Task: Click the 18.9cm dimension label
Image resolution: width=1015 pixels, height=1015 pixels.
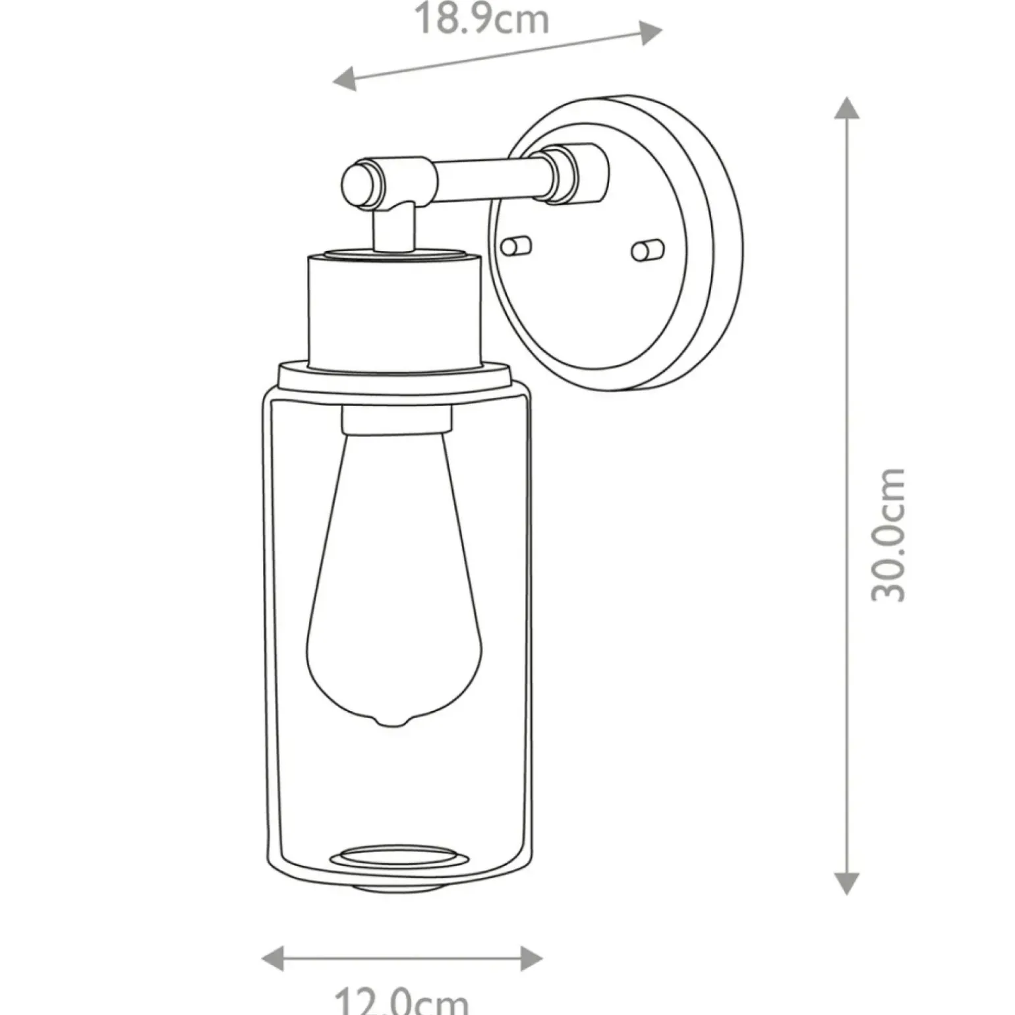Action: tap(482, 19)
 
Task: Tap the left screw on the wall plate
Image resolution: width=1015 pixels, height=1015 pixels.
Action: tap(515, 246)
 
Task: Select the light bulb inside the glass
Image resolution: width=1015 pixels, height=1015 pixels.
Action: tap(394, 580)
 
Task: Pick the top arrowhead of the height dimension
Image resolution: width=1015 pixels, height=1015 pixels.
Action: tap(846, 108)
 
